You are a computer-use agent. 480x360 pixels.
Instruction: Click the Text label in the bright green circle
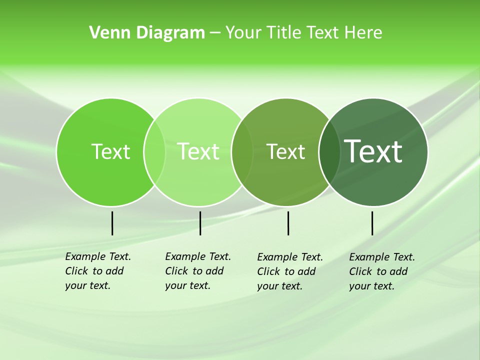click(110, 151)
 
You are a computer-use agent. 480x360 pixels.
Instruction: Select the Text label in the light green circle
click(198, 151)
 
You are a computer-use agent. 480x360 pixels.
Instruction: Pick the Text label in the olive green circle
click(285, 152)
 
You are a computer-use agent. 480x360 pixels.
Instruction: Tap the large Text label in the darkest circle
click(373, 151)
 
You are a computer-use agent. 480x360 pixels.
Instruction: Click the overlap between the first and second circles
click(154, 152)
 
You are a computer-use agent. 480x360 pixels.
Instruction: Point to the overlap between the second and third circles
click(242, 152)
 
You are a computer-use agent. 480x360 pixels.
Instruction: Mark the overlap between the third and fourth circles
click(329, 152)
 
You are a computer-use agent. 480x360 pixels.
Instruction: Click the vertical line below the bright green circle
click(112, 223)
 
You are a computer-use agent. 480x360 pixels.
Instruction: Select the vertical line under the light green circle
click(200, 223)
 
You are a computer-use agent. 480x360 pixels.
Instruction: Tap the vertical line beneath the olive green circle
click(288, 223)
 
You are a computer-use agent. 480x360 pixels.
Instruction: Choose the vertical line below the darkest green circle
click(372, 223)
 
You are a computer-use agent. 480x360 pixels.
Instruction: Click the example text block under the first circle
click(97, 271)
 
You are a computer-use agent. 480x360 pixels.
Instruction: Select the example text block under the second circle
click(197, 271)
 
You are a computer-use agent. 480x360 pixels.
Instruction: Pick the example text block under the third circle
click(289, 271)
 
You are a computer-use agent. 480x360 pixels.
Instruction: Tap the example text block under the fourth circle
click(381, 271)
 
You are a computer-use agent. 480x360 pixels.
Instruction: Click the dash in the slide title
click(215, 33)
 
